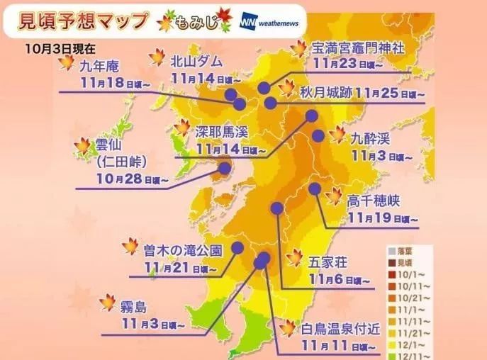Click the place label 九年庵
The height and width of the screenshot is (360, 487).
coord(99,67)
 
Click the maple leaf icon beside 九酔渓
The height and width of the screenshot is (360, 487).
coord(337,135)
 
